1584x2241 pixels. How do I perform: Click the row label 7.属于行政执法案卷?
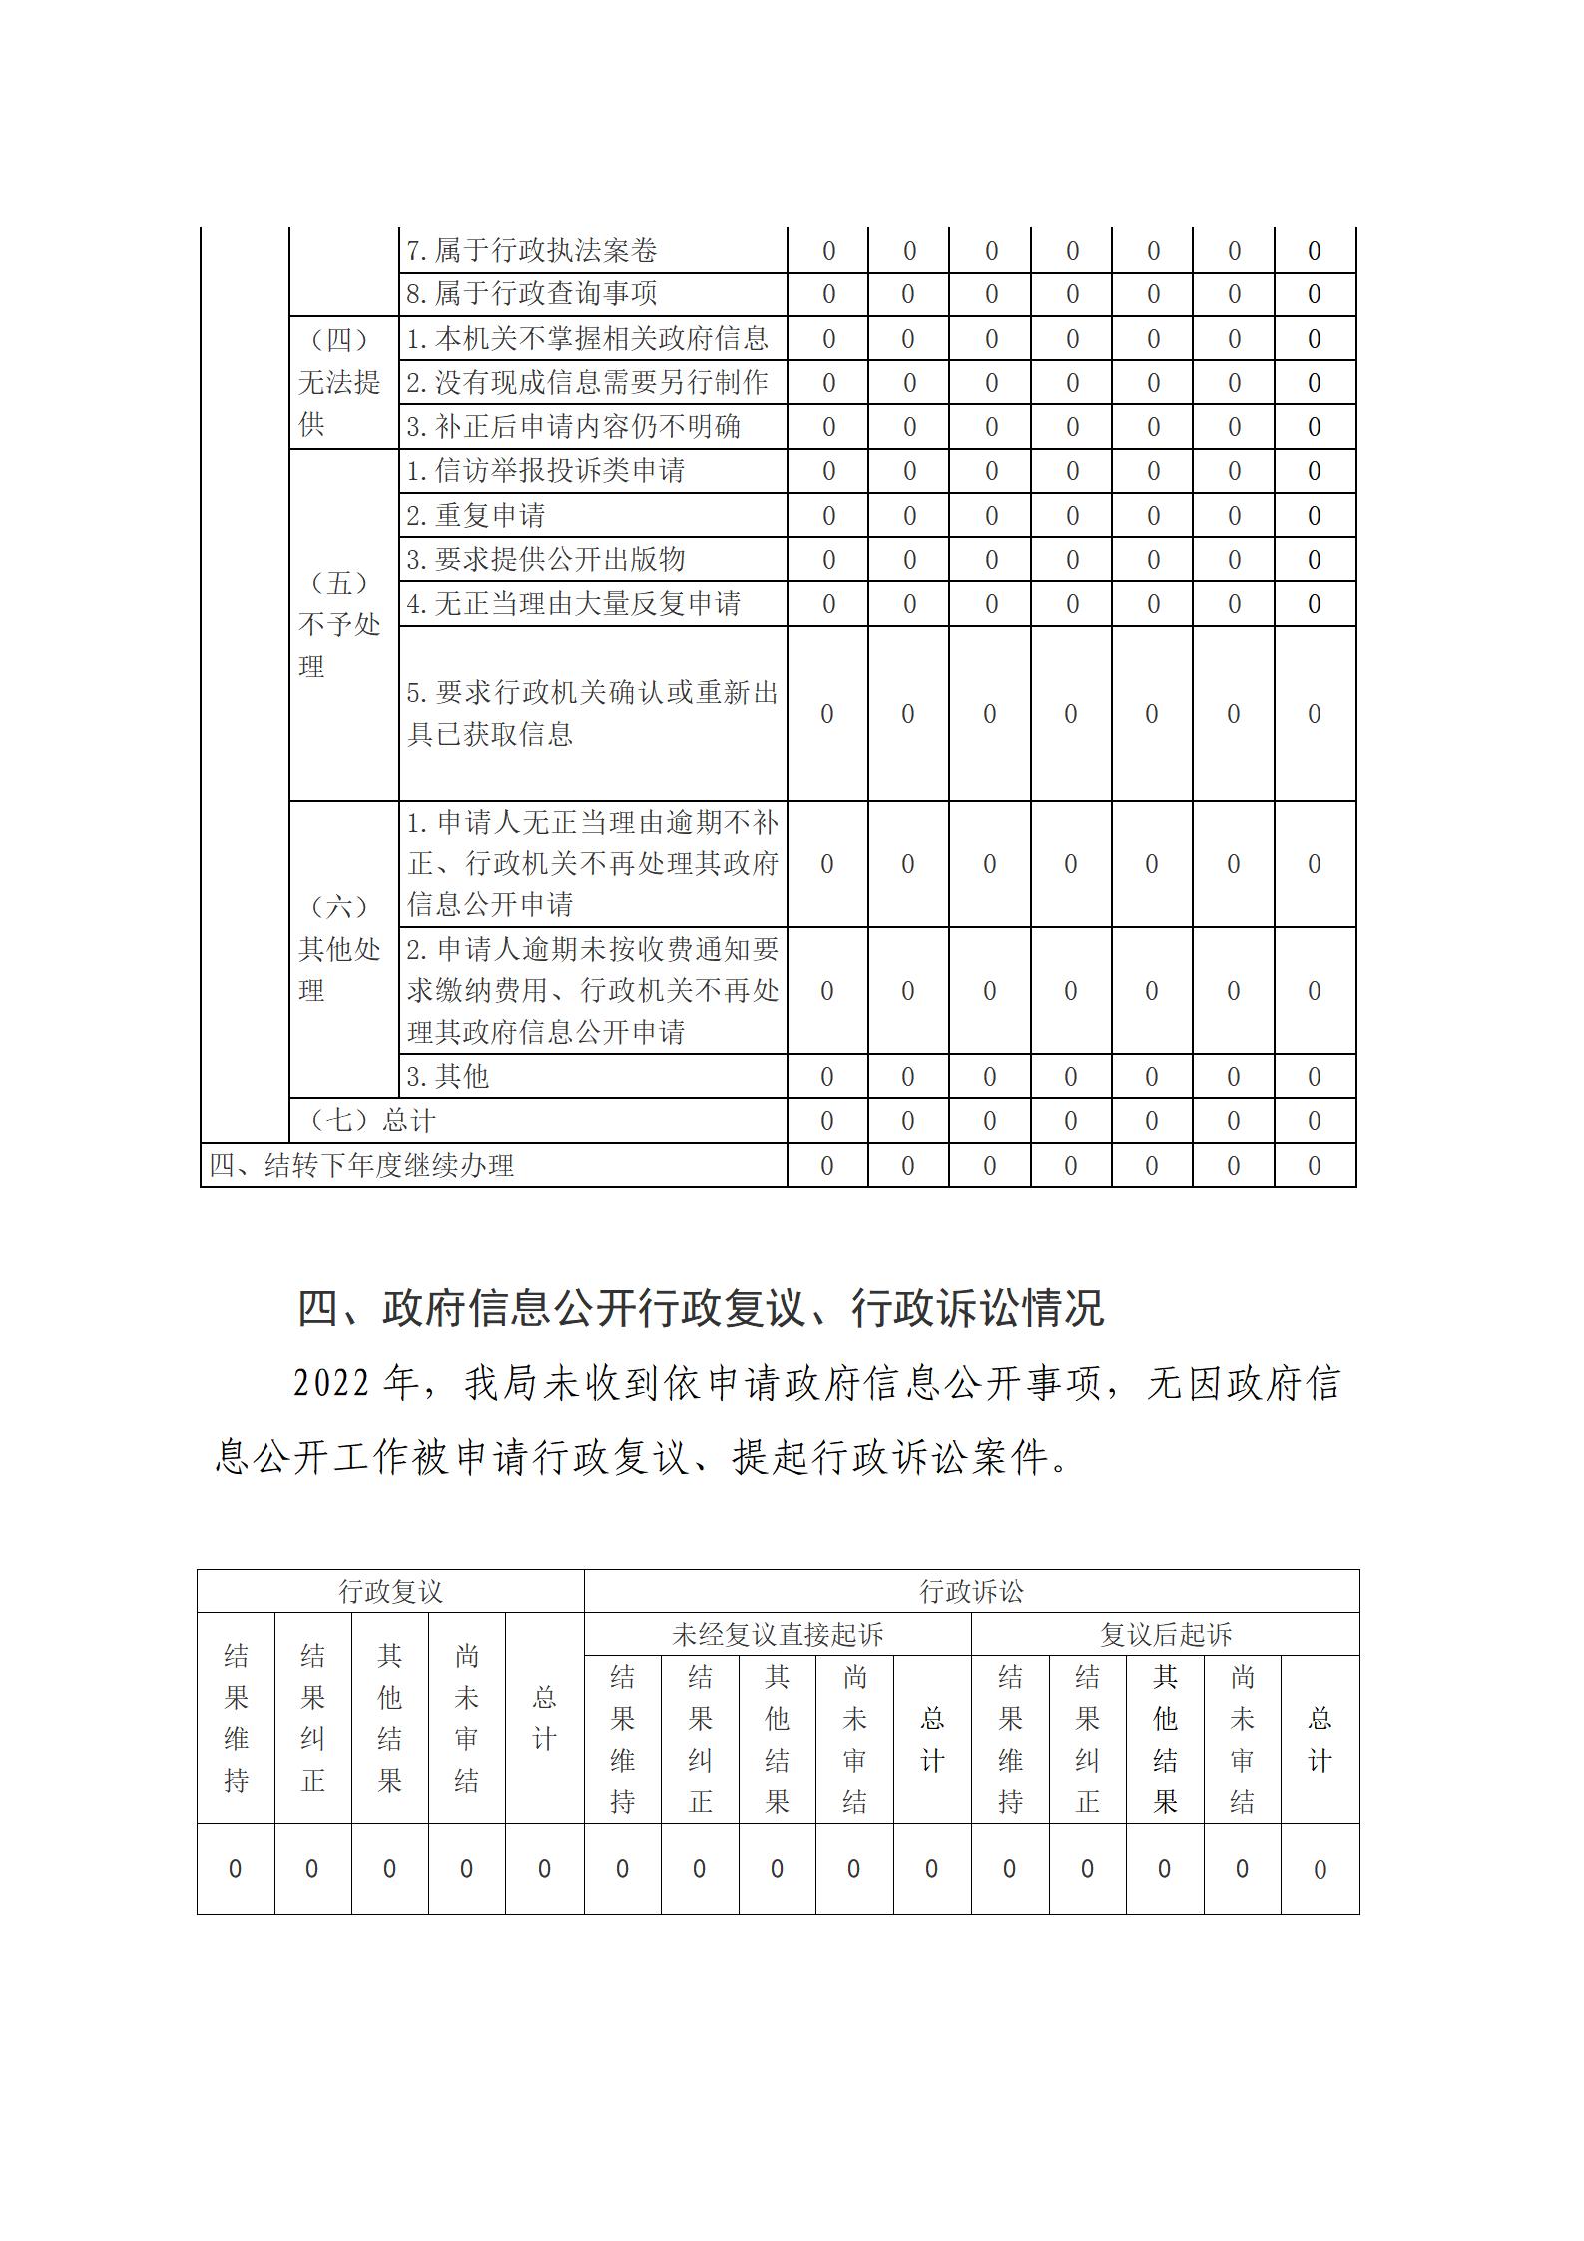point(532,250)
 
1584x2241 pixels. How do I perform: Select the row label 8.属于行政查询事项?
point(532,294)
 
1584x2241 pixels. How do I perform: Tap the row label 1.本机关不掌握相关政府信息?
point(587,339)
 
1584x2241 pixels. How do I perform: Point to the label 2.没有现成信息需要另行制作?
point(587,383)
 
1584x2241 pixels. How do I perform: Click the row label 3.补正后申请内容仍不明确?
point(573,427)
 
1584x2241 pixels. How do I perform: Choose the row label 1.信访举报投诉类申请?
point(546,471)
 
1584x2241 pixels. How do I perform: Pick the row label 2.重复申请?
point(476,516)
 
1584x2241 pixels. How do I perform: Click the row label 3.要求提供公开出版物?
point(546,560)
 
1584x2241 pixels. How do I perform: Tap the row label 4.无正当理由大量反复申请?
point(573,604)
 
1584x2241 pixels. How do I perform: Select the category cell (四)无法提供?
point(340,383)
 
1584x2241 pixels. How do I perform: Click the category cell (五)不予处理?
point(340,625)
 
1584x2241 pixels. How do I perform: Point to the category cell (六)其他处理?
point(340,949)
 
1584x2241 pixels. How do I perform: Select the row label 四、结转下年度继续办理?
point(361,1166)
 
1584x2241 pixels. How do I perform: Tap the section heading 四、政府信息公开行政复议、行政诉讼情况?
point(701,1309)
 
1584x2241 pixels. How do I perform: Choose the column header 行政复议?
point(390,1592)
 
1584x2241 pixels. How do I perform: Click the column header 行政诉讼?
point(971,1592)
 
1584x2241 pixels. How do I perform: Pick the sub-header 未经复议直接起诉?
point(778,1635)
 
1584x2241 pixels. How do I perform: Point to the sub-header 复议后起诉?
point(1166,1635)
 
